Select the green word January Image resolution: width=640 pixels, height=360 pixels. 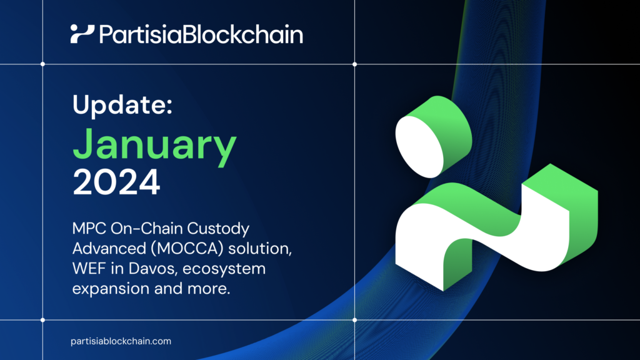[154, 145]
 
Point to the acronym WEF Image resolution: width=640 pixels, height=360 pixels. [88, 269]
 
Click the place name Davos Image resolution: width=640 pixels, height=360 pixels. [144, 269]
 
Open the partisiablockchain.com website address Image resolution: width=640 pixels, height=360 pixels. [121, 341]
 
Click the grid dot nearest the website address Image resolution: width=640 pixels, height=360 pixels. [42, 320]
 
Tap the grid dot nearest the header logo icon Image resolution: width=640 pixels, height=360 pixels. [42, 64]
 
